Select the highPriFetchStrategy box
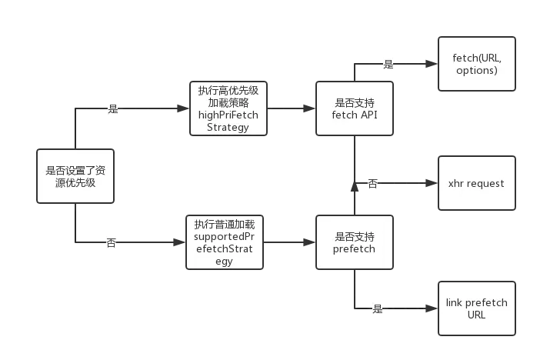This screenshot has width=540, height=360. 228,108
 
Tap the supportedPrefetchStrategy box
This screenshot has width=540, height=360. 225,242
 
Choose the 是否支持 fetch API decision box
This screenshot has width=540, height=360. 355,108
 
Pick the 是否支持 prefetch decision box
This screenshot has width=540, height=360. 355,242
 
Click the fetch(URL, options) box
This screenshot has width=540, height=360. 476,64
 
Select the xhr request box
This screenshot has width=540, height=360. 476,183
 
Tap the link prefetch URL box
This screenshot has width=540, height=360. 476,308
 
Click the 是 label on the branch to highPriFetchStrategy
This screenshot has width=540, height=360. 114,109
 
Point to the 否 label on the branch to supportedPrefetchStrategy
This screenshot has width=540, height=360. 112,243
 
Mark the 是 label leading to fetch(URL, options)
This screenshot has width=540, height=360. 388,65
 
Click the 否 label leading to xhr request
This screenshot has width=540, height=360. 373,184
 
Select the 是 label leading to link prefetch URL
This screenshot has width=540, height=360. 378,310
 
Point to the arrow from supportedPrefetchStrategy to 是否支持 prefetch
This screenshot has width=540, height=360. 289,242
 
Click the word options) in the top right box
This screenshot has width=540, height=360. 476,71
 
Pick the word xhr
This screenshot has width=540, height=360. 457,183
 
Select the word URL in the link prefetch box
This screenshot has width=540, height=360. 476,315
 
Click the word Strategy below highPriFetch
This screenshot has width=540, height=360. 228,128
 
